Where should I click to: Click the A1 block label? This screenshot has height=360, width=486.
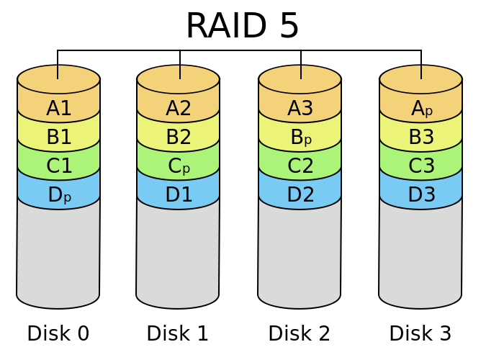58,109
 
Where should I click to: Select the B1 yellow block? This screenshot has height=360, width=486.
58,138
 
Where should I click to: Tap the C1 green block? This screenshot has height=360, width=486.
58,166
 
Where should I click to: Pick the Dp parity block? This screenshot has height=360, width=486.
58,195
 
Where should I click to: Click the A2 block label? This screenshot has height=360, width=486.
178,109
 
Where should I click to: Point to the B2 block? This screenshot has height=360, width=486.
178,138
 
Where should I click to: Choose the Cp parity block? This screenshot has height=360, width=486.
178,166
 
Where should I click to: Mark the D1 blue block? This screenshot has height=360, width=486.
178,195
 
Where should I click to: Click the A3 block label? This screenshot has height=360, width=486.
300,109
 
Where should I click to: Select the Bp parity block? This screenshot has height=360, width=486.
300,138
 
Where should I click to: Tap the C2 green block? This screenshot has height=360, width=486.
300,166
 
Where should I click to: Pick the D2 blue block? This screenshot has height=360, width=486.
300,195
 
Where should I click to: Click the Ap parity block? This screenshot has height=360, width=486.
420,109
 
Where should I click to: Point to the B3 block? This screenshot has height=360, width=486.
420,138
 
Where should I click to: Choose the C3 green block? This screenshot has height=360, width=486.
420,166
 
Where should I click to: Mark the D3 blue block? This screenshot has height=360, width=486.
420,195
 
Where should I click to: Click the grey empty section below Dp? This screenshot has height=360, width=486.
58,252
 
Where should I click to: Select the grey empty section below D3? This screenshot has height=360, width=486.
420,252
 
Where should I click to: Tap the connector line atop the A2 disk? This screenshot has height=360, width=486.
179,72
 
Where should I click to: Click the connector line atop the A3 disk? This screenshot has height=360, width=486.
301,72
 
